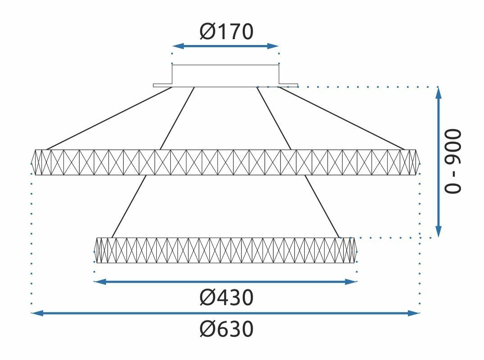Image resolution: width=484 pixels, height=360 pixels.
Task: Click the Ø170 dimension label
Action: pos(226,31)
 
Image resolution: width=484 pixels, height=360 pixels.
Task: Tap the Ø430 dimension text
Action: pos(226,298)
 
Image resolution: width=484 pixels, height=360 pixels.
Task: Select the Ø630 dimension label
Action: pos(226,329)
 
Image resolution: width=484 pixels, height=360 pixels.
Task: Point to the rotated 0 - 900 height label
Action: pos(452,162)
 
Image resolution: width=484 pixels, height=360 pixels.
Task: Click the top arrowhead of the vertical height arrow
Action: pos(439,93)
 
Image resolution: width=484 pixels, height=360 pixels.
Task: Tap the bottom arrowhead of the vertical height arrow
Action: pos(439,231)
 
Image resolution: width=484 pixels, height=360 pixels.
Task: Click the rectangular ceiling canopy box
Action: pos(226,65)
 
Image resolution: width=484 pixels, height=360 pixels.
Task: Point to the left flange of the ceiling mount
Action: pos(163,85)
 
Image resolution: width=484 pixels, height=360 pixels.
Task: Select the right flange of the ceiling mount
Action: pos(289,85)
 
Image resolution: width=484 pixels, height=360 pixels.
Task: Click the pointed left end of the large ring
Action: pos(32,162)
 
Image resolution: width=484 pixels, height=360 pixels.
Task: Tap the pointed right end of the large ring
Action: pos(420,162)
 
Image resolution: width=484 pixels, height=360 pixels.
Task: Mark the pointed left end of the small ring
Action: pos(94,251)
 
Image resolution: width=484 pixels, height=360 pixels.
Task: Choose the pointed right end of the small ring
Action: pos(357,251)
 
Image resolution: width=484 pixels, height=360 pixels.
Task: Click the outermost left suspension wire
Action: pos(109,118)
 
